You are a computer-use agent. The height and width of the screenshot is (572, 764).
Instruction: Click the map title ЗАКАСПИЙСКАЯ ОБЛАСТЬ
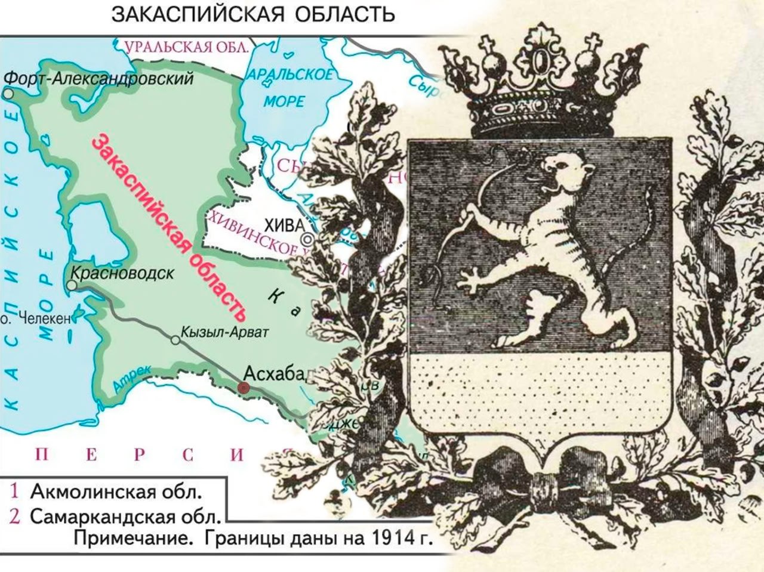[x=253, y=15]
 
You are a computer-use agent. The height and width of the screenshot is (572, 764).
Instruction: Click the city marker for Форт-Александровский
[x=8, y=94]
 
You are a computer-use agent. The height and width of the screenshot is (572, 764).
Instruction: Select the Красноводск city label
[x=122, y=273]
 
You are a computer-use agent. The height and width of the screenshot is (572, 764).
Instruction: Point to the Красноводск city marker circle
[x=72, y=286]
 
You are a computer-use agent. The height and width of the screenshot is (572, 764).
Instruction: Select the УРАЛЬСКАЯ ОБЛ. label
[x=187, y=47]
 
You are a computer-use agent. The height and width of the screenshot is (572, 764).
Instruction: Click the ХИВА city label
[x=284, y=225]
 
